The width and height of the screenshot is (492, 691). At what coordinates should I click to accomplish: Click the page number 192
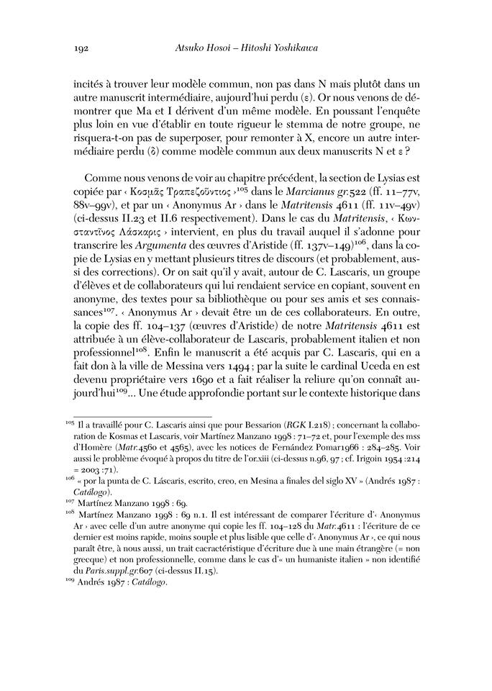(81, 48)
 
